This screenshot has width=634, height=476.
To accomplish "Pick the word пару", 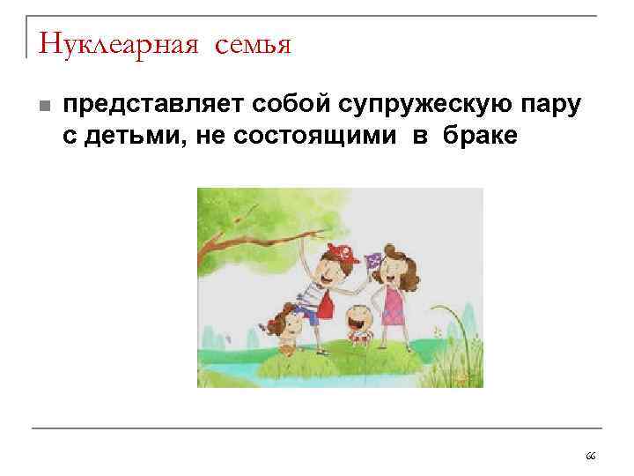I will point(551,107).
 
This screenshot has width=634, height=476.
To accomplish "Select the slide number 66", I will point(590,456).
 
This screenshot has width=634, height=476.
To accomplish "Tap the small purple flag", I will point(371,259).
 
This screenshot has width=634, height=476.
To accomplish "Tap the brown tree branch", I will point(255,240).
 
